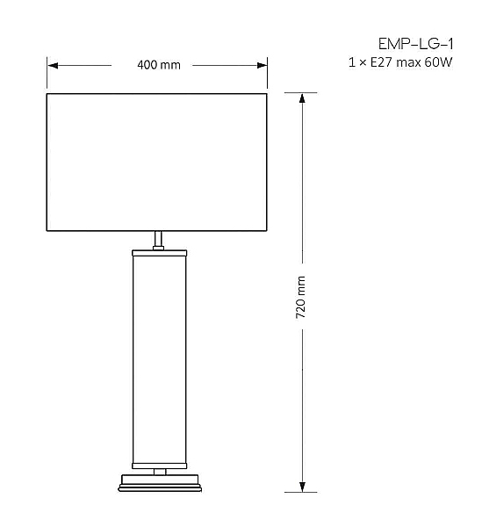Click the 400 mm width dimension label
tap(158, 66)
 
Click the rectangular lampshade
tap(156, 162)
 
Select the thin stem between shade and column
tap(158, 240)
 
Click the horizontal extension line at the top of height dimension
tap(302, 92)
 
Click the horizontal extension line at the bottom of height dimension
tap(302, 493)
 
